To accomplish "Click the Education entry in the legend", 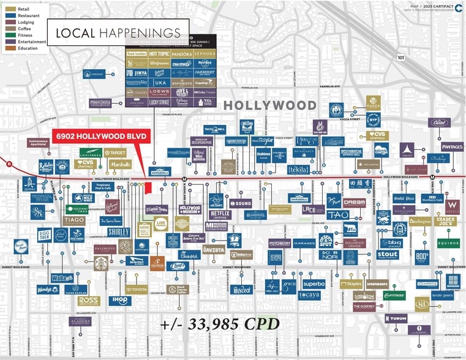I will [27, 48].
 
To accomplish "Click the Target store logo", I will [115, 153].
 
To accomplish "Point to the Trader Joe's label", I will [446, 221].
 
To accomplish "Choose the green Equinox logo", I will [448, 243].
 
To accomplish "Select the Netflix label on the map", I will [219, 214].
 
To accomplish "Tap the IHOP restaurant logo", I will [119, 301].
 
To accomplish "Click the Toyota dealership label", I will [136, 289].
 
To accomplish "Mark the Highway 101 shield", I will [400, 58].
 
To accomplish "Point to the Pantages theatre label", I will [452, 147].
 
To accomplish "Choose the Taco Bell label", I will [215, 129].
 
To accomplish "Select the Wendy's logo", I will [48, 290].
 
